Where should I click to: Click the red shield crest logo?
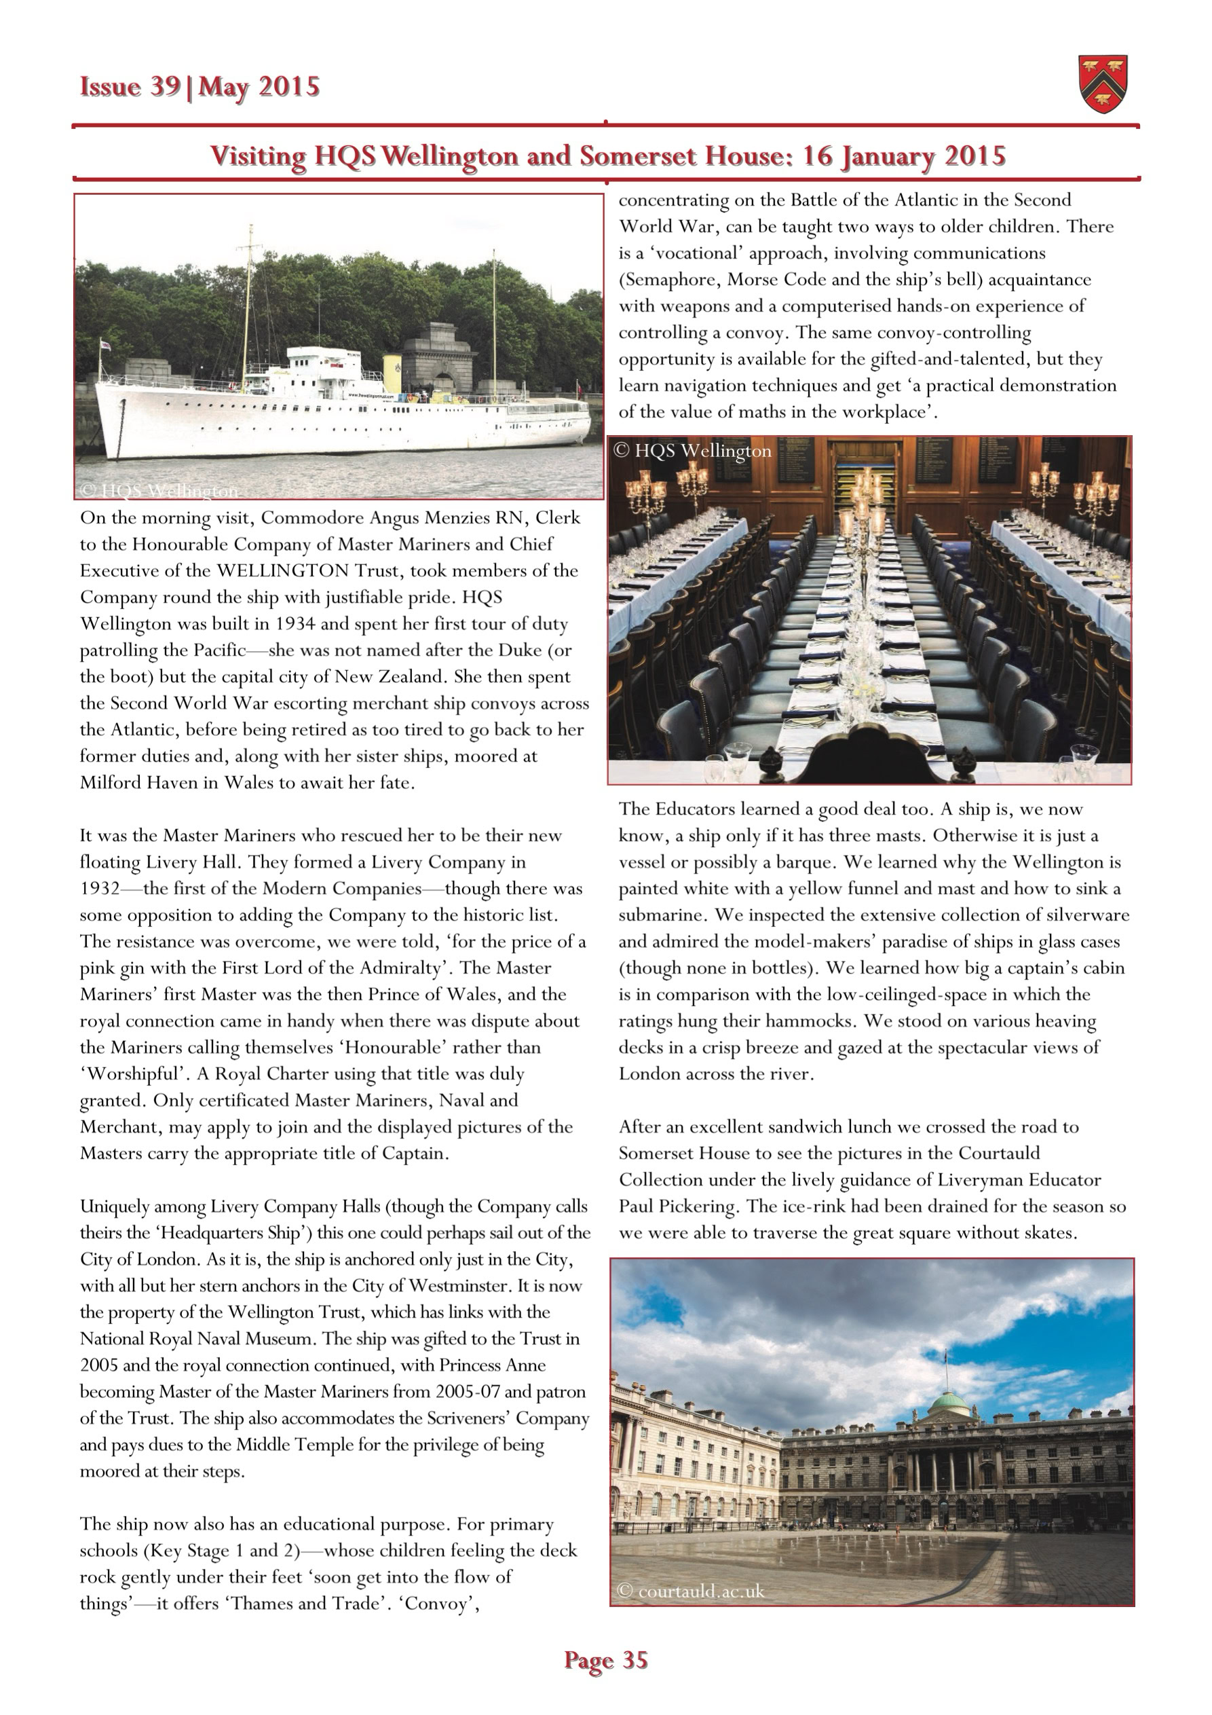click(x=1103, y=84)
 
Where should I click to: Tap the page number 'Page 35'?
click(x=605, y=1660)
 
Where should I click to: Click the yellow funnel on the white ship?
click(x=392, y=370)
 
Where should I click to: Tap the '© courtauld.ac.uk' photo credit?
click(x=692, y=1591)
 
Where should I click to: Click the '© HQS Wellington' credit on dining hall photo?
click(x=692, y=450)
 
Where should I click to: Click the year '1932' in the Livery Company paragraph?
click(x=100, y=889)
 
